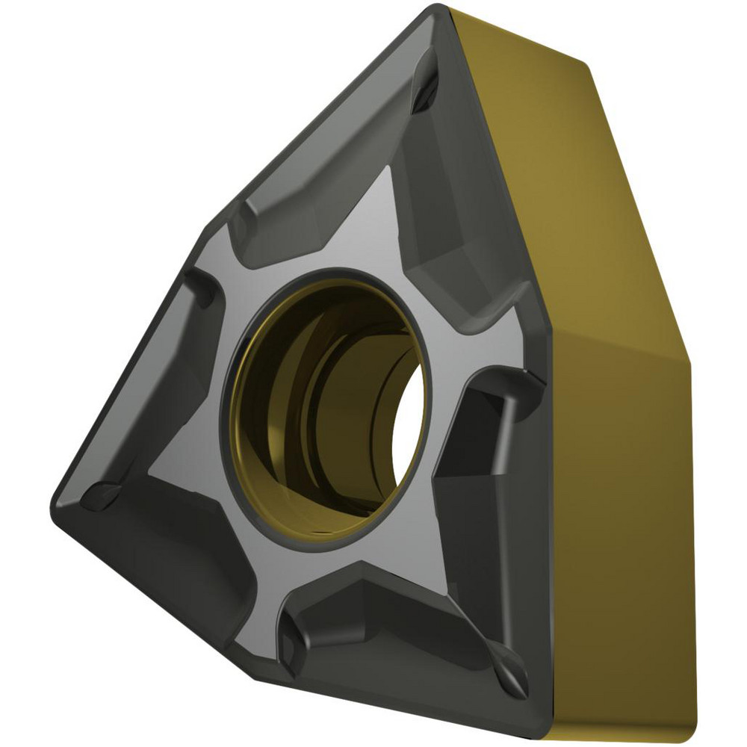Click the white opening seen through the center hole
coord(409,418)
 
